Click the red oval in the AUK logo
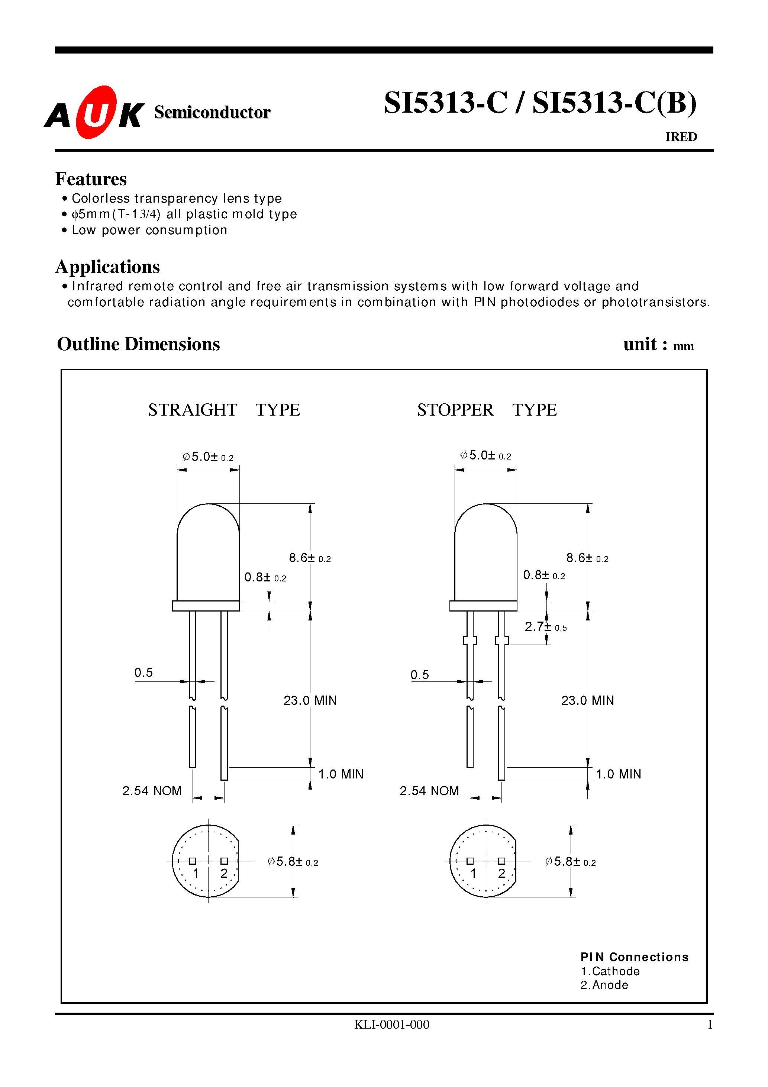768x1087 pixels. point(96,112)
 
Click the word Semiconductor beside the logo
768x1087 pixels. point(212,112)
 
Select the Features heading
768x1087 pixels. point(91,179)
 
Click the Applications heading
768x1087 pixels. point(107,267)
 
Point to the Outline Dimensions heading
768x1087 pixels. point(138,344)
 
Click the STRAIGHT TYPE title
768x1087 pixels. point(224,410)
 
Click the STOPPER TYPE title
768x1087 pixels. point(487,410)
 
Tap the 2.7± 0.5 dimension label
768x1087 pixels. point(545,627)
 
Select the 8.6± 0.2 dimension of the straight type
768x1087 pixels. point(310,558)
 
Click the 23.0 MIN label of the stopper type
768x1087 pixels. point(587,700)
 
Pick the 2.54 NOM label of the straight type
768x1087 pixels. point(152,791)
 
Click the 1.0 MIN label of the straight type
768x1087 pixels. point(341,774)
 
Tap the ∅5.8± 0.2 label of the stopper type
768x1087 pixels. point(570,862)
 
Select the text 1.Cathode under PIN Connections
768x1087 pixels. point(610,971)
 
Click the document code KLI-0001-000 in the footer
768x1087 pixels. point(391,1025)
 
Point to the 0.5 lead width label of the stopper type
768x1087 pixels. point(420,675)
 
